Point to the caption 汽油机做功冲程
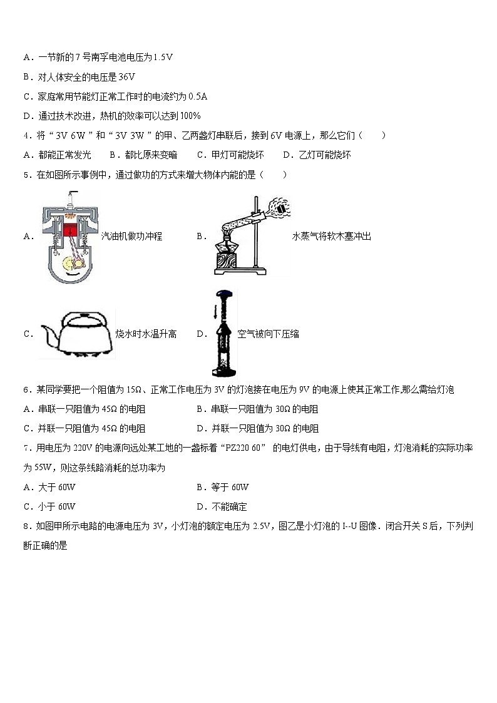tap(131, 237)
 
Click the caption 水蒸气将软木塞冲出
tap(331, 237)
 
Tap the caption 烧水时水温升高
tap(146, 334)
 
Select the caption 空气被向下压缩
tap(269, 334)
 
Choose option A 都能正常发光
tap(57, 155)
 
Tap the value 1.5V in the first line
tap(162, 58)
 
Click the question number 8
tap(26, 526)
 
